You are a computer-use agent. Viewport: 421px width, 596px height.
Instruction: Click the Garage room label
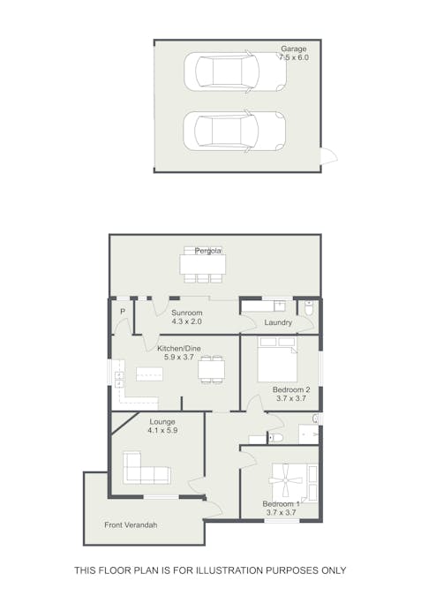(294, 49)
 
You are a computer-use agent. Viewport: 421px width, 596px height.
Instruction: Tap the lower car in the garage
(234, 130)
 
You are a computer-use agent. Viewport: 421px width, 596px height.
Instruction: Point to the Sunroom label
(187, 313)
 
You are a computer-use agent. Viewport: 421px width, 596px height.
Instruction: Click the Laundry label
(277, 322)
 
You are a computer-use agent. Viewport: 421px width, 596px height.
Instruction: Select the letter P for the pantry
(122, 313)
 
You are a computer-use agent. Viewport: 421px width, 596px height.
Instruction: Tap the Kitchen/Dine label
(179, 349)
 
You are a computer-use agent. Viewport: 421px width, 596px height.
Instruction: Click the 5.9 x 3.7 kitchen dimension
(179, 358)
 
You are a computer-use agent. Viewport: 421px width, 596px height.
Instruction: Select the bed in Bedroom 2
(276, 361)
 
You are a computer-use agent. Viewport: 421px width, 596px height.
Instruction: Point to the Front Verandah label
(131, 525)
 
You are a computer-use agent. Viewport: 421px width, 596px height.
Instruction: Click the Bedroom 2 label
(292, 389)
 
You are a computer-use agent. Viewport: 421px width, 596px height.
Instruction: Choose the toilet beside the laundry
(308, 307)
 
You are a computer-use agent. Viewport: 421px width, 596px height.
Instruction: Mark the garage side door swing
(328, 156)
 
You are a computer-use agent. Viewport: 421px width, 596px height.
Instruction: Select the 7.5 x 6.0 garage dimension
(294, 57)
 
